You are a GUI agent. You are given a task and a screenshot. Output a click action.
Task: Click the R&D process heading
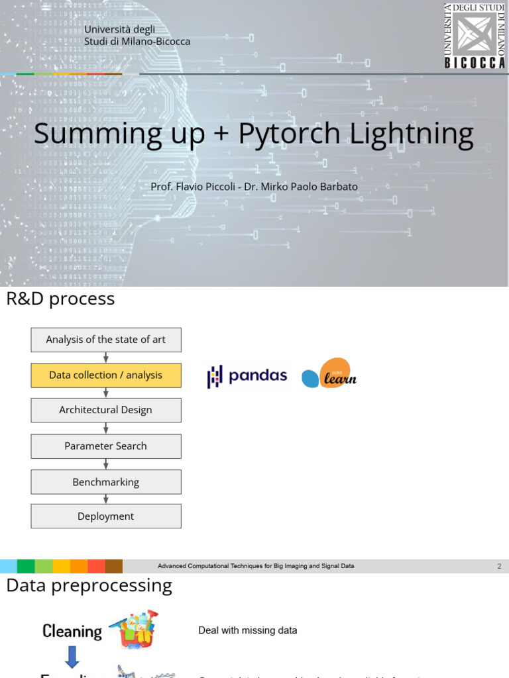(x=60, y=299)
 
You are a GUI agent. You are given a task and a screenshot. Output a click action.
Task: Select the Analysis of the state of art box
(x=106, y=340)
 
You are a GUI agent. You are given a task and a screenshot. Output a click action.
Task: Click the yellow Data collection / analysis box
(x=106, y=375)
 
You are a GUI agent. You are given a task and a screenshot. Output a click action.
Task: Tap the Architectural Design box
(x=106, y=410)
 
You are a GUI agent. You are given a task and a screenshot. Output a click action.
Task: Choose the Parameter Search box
(x=106, y=446)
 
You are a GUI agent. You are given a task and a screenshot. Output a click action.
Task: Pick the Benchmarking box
(x=106, y=482)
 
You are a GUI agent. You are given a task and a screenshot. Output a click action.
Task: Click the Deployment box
(x=106, y=516)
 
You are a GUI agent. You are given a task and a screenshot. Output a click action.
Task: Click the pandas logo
(x=247, y=376)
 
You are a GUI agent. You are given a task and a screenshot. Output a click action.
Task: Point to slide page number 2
(x=499, y=566)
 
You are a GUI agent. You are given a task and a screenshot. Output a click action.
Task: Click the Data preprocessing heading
(x=89, y=585)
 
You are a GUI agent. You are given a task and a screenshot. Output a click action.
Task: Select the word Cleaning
(x=72, y=631)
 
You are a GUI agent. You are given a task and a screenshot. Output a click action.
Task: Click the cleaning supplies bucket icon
(x=135, y=629)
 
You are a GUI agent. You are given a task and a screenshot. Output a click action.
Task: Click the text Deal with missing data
(x=248, y=630)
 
